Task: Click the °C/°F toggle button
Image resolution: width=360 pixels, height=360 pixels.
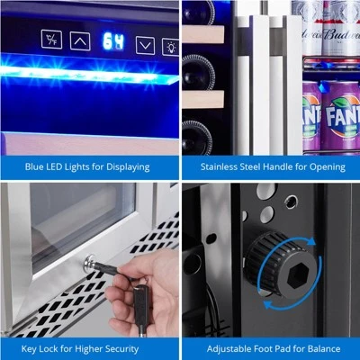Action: [51, 39]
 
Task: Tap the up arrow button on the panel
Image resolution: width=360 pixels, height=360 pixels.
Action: [80, 41]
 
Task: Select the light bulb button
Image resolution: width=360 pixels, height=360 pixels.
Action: [171, 47]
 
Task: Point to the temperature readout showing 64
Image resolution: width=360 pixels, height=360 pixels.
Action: [113, 41]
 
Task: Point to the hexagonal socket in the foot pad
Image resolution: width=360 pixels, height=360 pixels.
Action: [298, 274]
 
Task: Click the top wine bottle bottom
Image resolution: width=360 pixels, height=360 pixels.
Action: [198, 12]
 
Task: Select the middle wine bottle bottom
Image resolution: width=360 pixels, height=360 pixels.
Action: [197, 72]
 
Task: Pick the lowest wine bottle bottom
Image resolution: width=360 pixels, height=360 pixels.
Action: [197, 138]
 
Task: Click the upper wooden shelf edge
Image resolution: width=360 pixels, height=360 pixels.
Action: [203, 34]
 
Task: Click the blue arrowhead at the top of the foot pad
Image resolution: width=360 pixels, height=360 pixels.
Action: [311, 241]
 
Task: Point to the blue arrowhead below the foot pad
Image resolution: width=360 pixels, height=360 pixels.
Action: [268, 305]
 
